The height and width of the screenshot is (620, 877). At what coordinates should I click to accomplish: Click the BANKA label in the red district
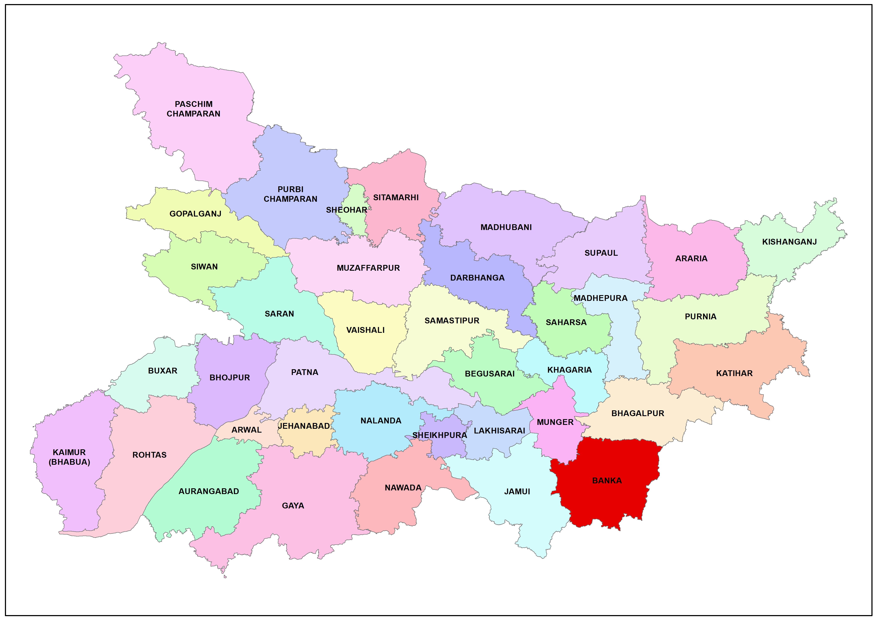[607, 481]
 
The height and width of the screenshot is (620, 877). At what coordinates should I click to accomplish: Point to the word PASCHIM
[194, 104]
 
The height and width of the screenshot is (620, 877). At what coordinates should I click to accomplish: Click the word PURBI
[290, 189]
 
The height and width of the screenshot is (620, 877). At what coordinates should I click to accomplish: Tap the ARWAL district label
[246, 430]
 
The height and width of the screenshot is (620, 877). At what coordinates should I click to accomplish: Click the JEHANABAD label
[304, 426]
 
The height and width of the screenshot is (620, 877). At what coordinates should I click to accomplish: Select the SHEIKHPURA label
[440, 435]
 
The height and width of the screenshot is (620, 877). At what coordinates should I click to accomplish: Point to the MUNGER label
[555, 422]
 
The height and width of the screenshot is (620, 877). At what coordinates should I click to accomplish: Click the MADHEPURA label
[600, 298]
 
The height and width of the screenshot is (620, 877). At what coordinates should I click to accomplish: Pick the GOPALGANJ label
[195, 214]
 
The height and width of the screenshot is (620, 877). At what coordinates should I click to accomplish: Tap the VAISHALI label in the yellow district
[365, 330]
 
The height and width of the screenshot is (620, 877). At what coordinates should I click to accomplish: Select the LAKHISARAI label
[499, 431]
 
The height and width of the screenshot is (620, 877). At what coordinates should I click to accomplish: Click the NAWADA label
[403, 488]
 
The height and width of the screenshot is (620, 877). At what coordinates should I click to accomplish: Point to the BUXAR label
[163, 371]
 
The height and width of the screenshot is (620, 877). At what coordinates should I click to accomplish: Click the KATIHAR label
[734, 373]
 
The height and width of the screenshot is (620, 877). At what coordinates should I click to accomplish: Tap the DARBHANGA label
[477, 278]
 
